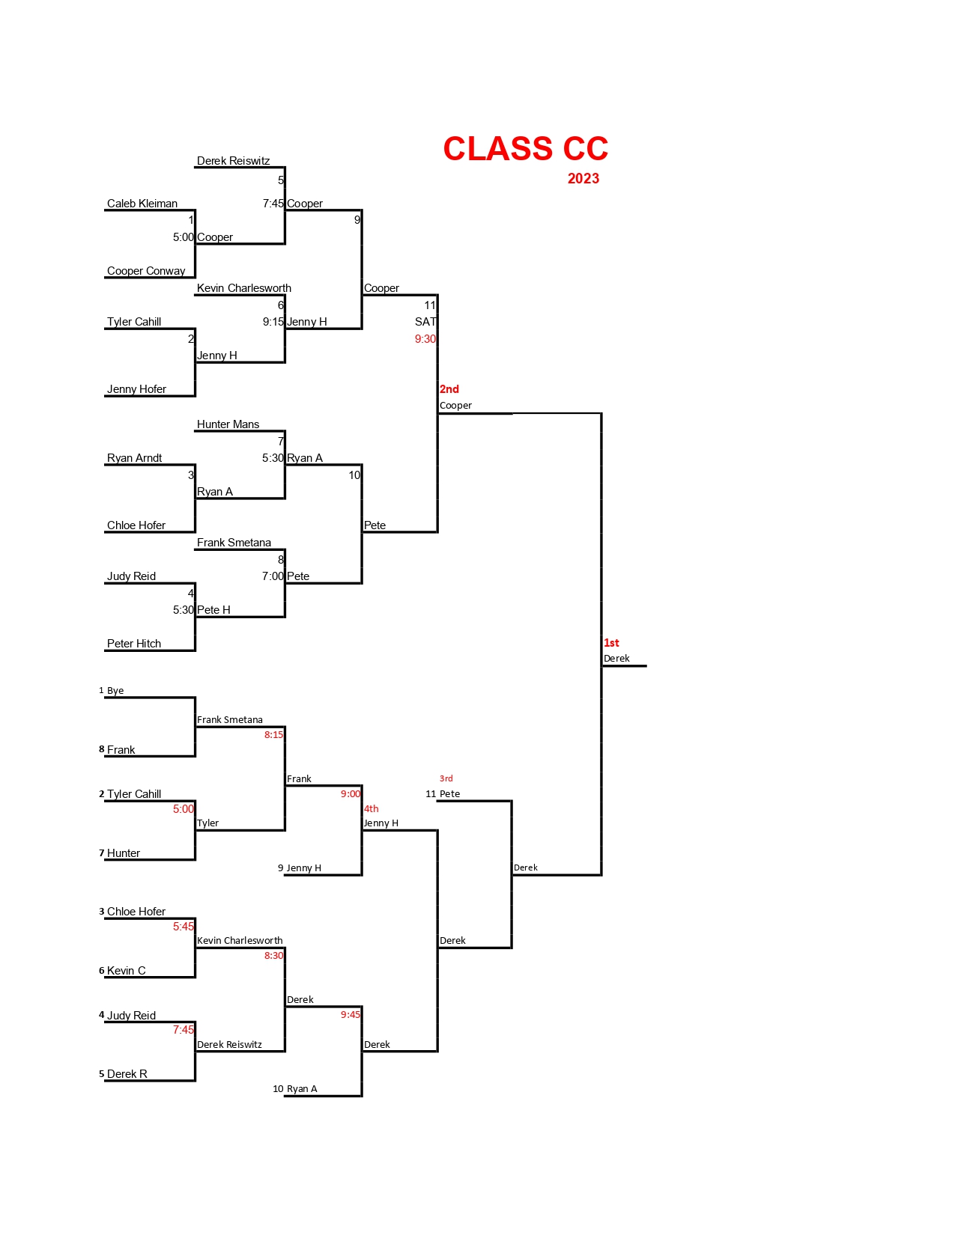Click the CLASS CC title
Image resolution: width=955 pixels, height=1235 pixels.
525,149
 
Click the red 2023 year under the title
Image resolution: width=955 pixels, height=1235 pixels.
583,179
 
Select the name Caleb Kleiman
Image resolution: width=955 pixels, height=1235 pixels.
142,204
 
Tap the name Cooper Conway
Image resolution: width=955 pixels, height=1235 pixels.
146,271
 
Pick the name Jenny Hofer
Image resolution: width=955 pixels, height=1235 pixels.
136,389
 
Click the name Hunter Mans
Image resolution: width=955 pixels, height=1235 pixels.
228,424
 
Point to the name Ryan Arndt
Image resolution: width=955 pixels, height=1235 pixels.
134,458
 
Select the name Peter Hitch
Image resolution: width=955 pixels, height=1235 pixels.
134,644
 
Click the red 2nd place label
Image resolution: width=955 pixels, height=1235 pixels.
449,389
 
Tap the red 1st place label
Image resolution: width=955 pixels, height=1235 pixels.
611,643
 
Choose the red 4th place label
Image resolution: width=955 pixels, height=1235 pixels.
372,808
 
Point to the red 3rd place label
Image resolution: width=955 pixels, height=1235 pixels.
446,778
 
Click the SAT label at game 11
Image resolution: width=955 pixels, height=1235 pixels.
425,322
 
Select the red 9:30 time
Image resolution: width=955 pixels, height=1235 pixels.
425,339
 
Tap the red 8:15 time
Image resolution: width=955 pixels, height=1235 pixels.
273,735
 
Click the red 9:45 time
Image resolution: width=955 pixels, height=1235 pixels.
350,1015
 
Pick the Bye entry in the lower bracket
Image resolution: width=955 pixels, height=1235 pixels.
115,691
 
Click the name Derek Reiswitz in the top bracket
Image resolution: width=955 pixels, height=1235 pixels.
233,161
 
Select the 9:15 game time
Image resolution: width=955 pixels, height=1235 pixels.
273,322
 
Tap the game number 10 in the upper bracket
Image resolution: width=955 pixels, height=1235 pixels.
354,475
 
